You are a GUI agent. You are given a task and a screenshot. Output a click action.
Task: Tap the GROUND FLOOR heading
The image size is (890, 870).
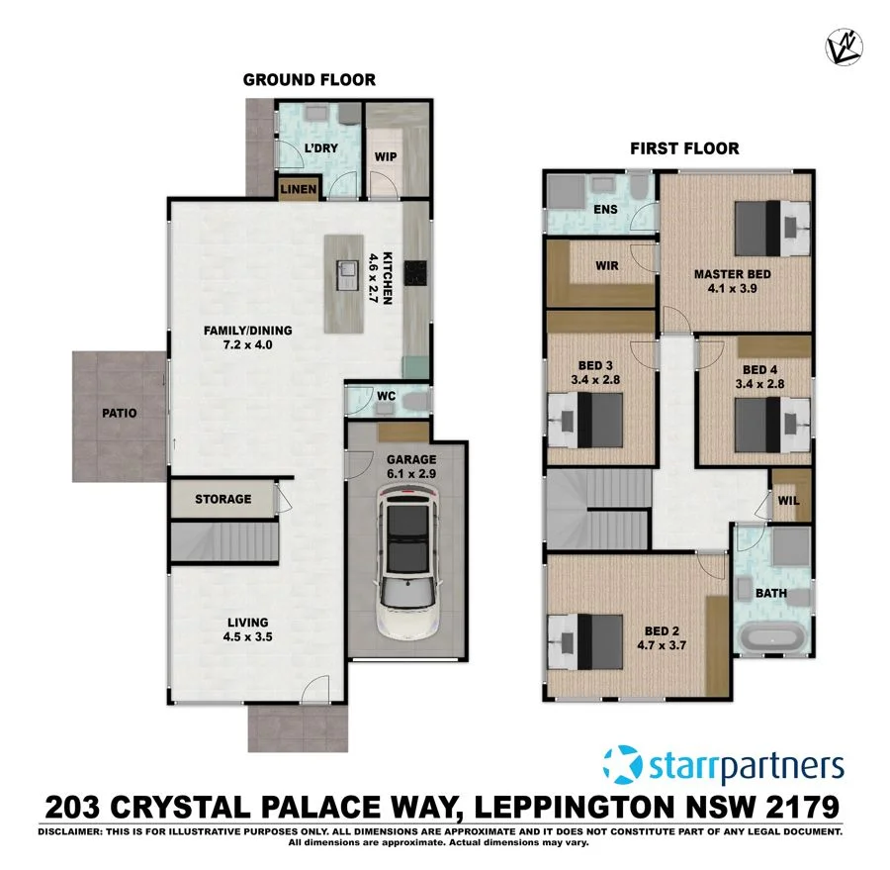(310, 80)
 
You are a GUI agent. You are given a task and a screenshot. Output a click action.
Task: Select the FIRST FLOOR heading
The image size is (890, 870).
(684, 149)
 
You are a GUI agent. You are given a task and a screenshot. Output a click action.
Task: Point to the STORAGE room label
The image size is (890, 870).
(222, 499)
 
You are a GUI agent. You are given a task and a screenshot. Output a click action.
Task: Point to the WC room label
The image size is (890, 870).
(387, 397)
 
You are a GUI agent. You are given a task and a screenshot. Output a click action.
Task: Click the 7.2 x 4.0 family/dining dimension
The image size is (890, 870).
(233, 345)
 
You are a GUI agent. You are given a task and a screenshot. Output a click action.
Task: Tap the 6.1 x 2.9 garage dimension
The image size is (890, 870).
(406, 474)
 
